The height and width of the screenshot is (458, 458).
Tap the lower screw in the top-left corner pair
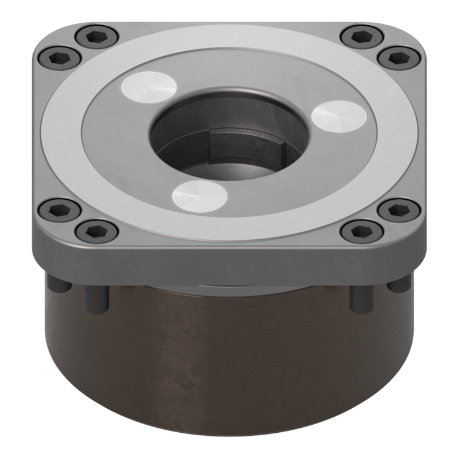point(60,58)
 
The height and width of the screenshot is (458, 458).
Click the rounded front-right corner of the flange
point(412,243)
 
